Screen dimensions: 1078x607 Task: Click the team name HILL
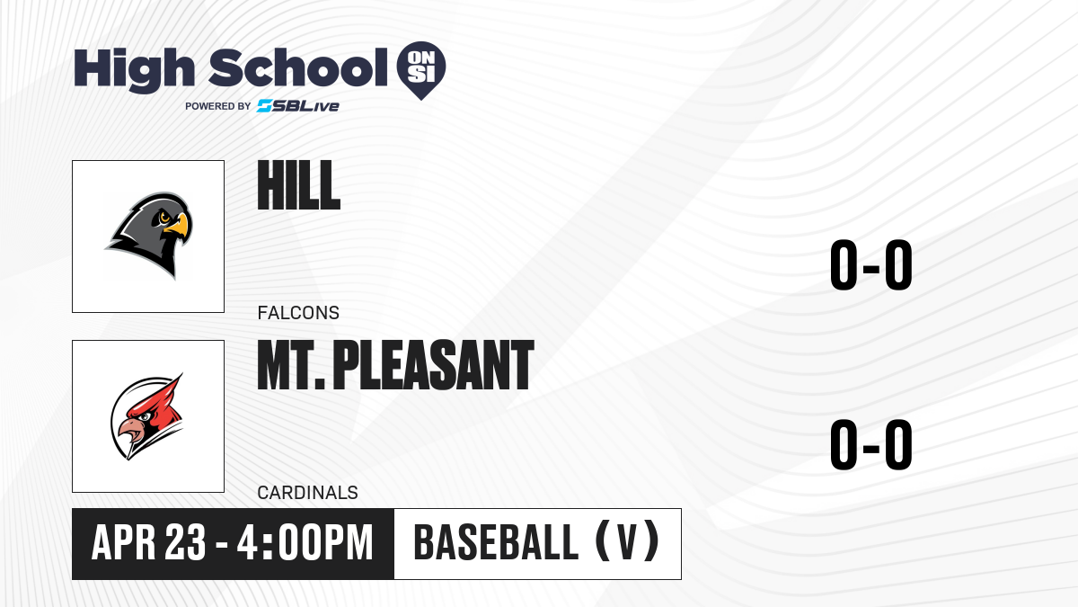click(x=299, y=185)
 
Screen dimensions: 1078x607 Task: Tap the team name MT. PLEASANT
click(x=395, y=365)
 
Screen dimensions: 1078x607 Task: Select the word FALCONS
click(x=298, y=313)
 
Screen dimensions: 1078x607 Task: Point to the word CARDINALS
click(x=307, y=493)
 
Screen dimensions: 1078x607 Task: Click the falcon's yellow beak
click(x=178, y=227)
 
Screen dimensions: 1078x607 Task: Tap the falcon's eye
click(x=164, y=218)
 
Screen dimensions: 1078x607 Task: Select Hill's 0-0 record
click(x=871, y=264)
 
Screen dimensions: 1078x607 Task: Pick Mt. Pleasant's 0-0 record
click(x=871, y=444)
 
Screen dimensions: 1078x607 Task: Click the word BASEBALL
click(x=496, y=543)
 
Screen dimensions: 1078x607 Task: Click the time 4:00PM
click(x=305, y=543)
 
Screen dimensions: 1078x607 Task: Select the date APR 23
click(x=149, y=543)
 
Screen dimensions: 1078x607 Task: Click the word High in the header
click(x=134, y=70)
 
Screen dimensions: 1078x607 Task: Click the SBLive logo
click(x=298, y=106)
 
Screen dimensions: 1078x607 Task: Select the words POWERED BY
click(x=218, y=106)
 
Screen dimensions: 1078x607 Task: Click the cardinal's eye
click(x=145, y=416)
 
